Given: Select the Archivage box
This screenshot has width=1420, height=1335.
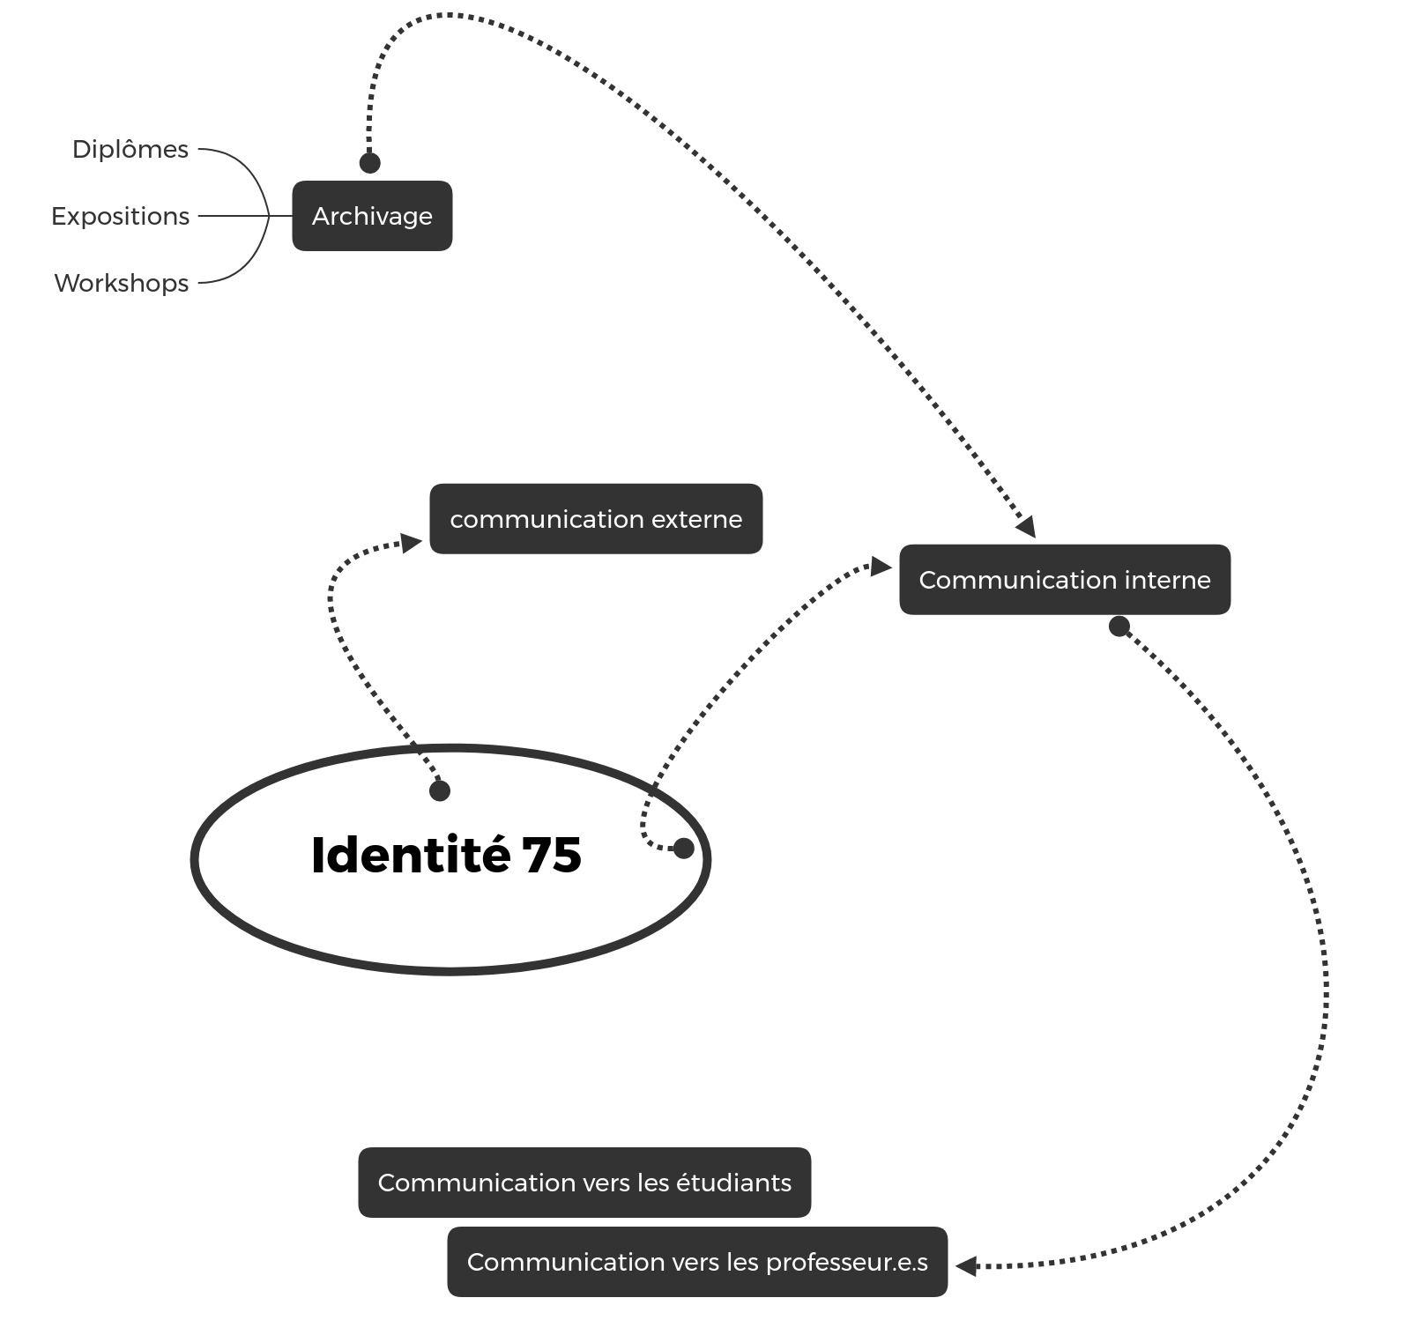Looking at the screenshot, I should [x=372, y=216].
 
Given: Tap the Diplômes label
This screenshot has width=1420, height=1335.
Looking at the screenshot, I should [x=130, y=150].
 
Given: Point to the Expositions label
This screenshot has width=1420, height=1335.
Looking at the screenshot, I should [x=121, y=217].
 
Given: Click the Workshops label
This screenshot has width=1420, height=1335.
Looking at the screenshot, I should [x=122, y=284].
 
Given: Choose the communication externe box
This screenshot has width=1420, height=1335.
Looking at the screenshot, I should [x=596, y=519].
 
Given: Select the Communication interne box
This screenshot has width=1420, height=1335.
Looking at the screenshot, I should [x=1065, y=580].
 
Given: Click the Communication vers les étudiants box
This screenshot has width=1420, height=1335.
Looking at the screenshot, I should [x=584, y=1183].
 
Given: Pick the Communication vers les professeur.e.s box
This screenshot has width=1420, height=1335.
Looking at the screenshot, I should [x=697, y=1262].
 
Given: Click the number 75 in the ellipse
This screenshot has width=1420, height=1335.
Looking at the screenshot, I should [x=552, y=855].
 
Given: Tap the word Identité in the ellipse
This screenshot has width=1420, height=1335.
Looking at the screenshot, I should [x=411, y=855].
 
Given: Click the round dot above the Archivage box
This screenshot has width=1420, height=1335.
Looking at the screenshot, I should [x=370, y=163].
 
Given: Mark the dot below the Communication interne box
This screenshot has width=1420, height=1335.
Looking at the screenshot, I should [x=1119, y=627].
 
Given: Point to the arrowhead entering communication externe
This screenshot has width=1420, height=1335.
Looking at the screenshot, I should [x=412, y=543].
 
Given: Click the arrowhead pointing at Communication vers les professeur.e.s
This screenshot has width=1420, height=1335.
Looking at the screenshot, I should [x=966, y=1266].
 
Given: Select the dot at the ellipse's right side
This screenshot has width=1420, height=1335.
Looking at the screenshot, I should [x=683, y=849].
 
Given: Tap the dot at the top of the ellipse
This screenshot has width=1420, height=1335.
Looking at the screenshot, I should [x=440, y=791].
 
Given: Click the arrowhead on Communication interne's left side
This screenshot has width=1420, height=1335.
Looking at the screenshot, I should [x=881, y=567].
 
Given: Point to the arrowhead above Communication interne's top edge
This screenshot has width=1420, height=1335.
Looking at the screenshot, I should [x=1025, y=527].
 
